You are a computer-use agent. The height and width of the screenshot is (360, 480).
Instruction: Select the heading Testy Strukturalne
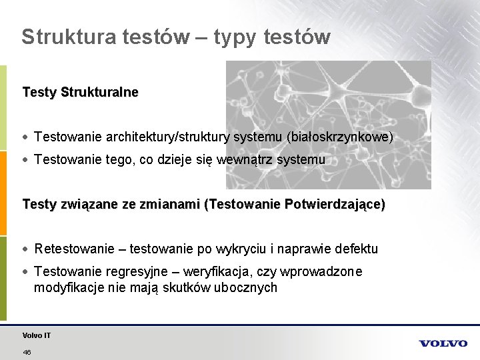80,92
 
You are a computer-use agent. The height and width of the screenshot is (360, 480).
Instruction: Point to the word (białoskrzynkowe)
340,137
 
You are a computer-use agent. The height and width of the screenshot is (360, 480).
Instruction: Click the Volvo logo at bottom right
443,343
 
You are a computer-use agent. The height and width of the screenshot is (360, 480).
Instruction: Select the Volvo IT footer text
36,335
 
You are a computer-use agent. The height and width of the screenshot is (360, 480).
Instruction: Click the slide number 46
27,351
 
